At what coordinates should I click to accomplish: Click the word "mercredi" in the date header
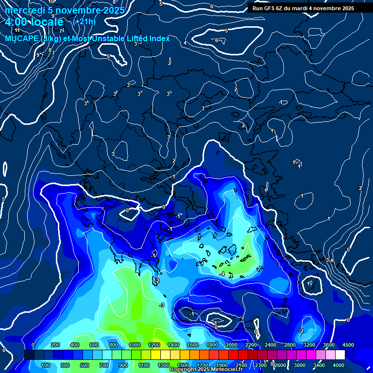[23, 10]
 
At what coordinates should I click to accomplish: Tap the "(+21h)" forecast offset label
[84, 21]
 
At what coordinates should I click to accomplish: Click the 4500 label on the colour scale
[348, 345]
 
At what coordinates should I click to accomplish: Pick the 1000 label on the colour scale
[135, 345]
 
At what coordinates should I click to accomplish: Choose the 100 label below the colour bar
[46, 365]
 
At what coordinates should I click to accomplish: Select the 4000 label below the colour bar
[339, 365]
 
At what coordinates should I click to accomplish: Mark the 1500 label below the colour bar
[183, 365]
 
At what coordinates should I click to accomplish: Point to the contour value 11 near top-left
[17, 31]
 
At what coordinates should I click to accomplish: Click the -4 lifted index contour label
[222, 274]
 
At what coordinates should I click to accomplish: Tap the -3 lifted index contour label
[162, 305]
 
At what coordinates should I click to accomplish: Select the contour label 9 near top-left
[38, 55]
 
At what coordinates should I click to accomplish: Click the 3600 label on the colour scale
[329, 345]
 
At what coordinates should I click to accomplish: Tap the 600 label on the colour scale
[94, 345]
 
